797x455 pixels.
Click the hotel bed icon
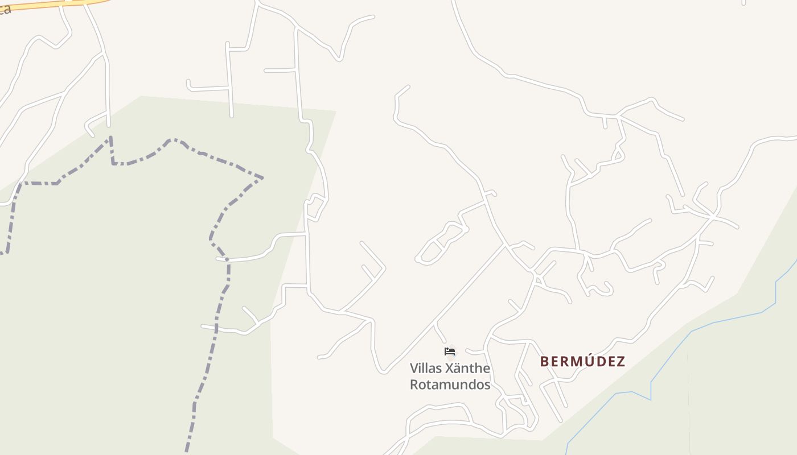click(450, 351)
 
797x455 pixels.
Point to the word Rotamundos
click(450, 385)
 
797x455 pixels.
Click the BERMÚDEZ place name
click(582, 362)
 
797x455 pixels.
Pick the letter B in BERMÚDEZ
click(544, 362)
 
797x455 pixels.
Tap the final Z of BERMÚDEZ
click(621, 362)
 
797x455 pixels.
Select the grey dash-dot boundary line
click(216, 330)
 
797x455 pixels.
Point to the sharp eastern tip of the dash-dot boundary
click(262, 178)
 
